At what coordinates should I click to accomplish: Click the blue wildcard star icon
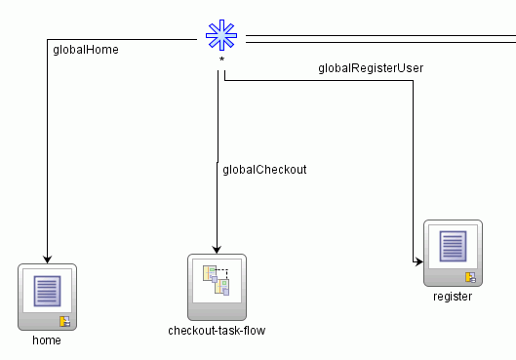(x=221, y=37)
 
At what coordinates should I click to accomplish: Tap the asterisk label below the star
(x=221, y=60)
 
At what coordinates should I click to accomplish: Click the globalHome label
(x=84, y=49)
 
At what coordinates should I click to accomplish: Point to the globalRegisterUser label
(x=371, y=68)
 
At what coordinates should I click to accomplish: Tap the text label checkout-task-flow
(x=217, y=330)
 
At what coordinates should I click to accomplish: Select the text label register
(x=453, y=296)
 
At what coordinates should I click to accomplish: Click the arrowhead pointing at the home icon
(x=47, y=258)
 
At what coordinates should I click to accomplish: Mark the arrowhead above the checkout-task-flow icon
(x=217, y=248)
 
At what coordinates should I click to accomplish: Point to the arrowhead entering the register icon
(x=418, y=261)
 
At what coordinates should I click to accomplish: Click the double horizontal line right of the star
(x=380, y=40)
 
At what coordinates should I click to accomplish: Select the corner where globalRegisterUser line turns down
(x=414, y=81)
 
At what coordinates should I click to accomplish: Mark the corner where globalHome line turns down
(x=47, y=40)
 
